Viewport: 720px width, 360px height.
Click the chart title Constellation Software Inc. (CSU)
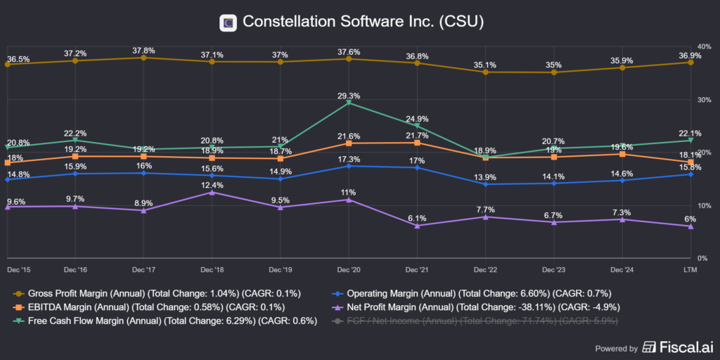(363, 22)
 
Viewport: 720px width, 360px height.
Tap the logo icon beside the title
(228, 22)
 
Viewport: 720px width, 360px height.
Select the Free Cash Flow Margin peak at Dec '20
(349, 103)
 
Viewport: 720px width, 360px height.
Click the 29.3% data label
(349, 95)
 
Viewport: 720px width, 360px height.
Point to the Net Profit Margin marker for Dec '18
(212, 192)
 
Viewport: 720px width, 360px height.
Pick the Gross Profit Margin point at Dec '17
(143, 58)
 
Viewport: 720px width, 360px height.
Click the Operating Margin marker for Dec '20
(349, 166)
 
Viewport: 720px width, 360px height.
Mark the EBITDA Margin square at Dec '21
(417, 143)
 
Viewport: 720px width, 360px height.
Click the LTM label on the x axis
(690, 269)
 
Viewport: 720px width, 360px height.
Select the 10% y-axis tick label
(702, 205)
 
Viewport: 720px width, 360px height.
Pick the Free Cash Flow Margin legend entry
(165, 321)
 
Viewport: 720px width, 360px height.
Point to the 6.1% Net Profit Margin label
(417, 217)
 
